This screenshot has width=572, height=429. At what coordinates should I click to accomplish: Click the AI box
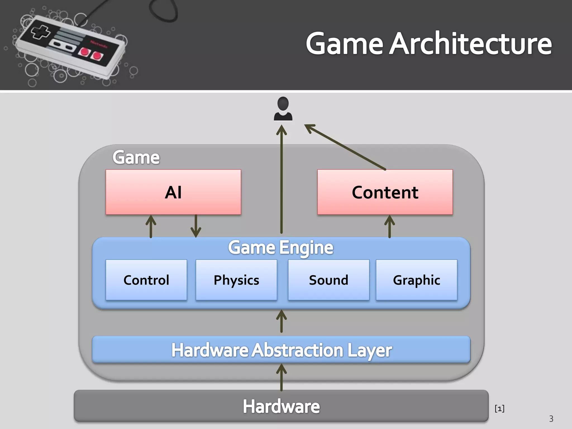173,192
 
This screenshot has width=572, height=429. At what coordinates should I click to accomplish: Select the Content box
385,192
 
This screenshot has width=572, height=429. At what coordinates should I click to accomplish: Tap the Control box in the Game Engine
146,280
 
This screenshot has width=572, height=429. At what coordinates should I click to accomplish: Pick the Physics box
236,280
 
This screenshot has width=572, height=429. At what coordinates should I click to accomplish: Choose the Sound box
328,280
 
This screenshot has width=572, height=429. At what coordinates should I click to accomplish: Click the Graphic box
416,280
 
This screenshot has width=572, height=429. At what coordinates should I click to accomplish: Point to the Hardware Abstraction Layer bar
281,350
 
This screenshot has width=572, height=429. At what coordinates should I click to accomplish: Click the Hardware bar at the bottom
281,406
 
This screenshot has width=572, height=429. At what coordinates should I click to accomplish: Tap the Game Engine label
280,247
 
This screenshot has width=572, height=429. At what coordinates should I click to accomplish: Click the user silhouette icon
283,109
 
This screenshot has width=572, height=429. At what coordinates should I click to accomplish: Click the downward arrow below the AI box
196,226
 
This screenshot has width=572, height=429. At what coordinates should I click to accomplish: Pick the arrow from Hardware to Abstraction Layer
281,378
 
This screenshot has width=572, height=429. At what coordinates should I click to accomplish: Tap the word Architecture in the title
470,44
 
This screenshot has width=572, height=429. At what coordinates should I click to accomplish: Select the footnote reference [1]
499,409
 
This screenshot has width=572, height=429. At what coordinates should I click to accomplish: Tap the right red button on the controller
97,56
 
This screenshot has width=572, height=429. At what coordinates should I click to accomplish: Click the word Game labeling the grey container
136,157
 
